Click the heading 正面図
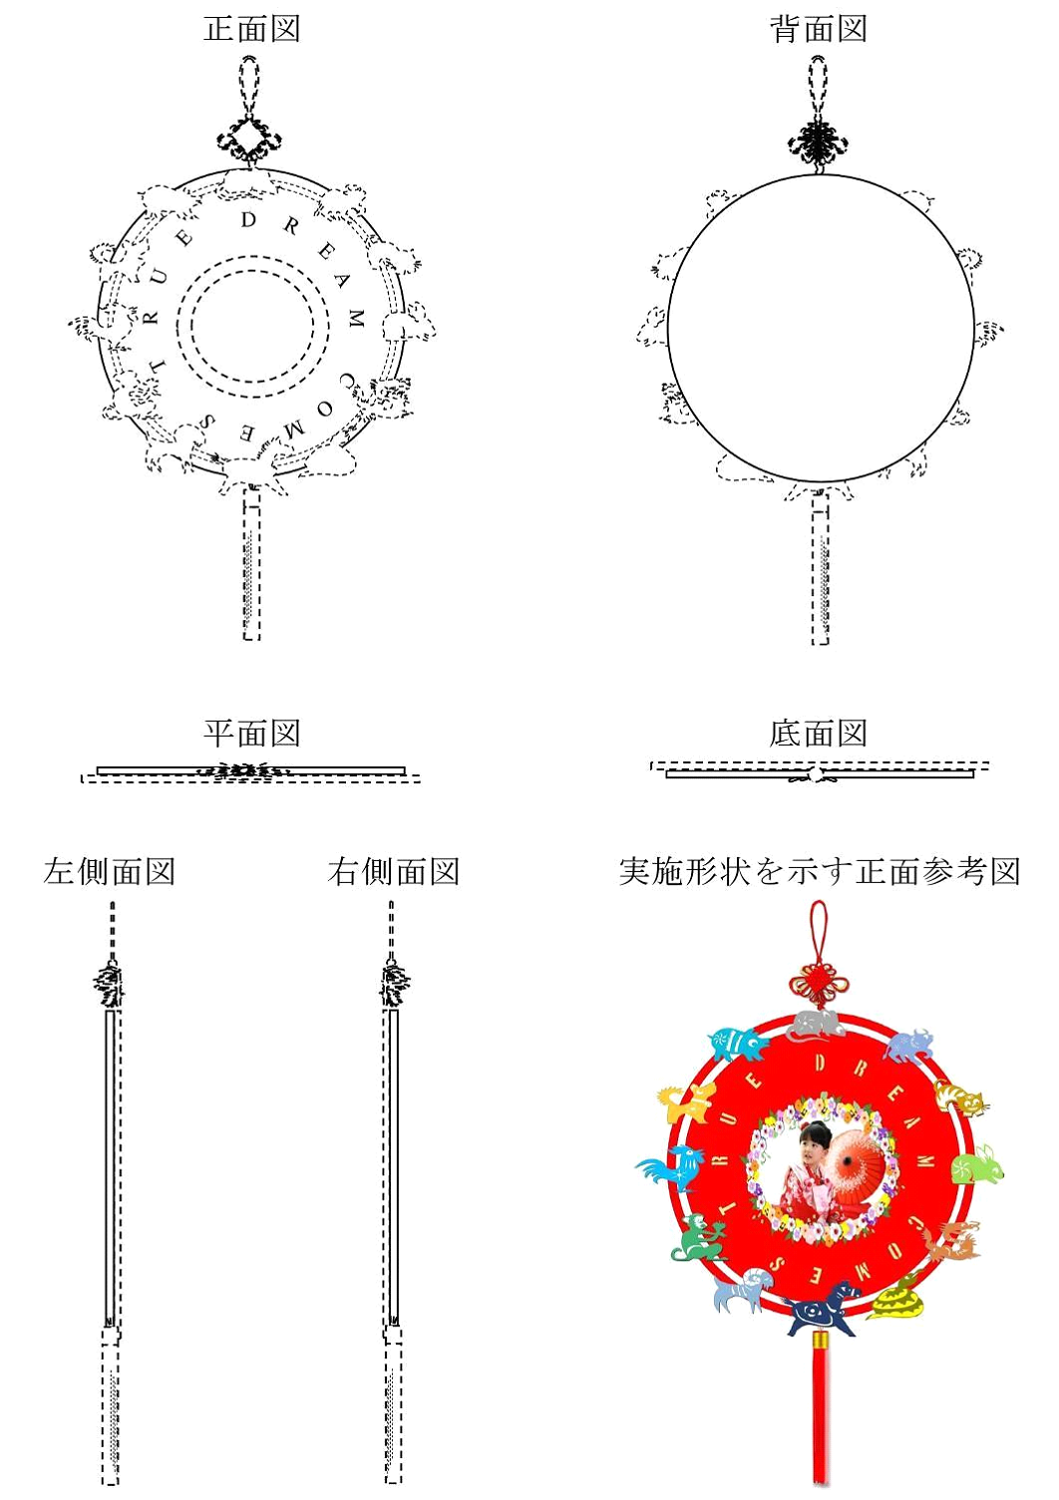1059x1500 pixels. (251, 30)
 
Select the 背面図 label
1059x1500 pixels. (818, 30)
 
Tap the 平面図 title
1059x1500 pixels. (251, 734)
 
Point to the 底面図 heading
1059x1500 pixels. (818, 734)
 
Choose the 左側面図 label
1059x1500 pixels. (109, 872)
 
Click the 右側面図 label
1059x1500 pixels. (393, 872)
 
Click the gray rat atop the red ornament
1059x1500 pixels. (815, 1026)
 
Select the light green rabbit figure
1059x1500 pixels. (976, 1166)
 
